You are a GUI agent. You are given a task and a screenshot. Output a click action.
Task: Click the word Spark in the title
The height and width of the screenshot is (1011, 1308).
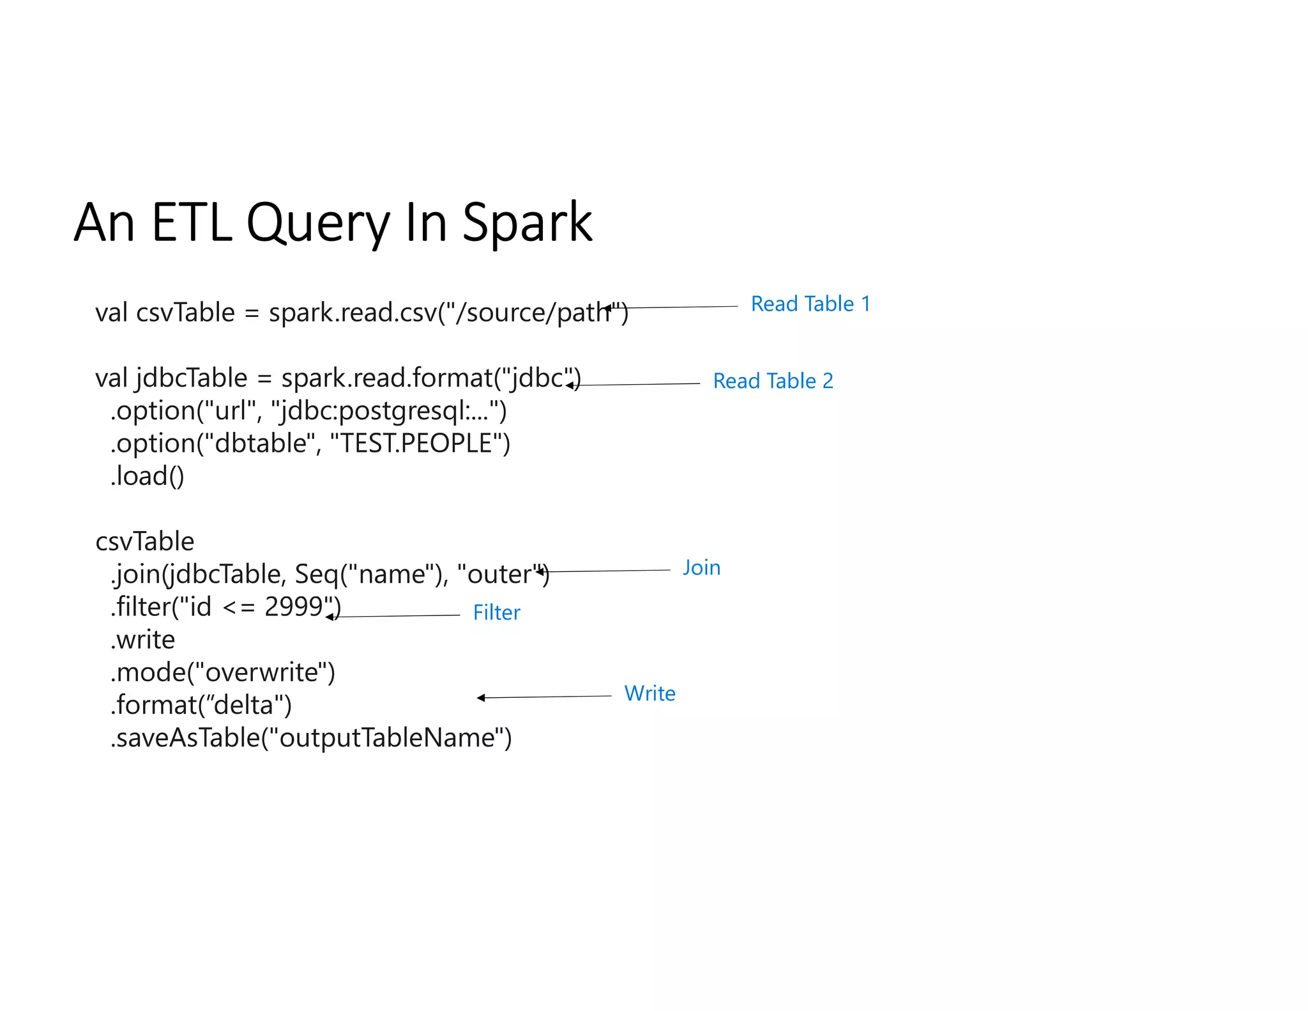527,222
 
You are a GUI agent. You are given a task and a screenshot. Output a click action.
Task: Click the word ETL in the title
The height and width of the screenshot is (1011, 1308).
192,222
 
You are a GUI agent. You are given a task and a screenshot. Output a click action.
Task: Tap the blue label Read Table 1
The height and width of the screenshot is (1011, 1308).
810,304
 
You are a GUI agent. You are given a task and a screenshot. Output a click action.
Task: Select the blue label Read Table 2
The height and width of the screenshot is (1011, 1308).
773,381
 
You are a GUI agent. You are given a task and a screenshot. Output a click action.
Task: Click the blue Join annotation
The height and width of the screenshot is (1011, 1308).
701,567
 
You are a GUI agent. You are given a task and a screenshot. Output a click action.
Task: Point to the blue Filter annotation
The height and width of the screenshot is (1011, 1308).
496,613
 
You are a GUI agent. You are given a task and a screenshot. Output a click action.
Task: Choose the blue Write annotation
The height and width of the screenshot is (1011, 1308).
650,693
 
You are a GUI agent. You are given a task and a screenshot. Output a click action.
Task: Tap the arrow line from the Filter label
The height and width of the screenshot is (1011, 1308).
396,616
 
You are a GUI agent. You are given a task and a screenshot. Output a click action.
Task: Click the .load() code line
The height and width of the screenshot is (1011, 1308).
148,476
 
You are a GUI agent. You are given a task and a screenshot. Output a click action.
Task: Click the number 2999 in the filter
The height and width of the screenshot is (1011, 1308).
294,606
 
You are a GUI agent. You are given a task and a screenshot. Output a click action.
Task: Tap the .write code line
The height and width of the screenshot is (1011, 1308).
143,640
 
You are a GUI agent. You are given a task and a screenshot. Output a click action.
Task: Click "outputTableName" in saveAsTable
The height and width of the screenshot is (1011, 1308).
387,738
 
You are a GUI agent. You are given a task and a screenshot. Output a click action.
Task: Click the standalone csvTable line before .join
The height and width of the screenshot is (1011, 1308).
144,541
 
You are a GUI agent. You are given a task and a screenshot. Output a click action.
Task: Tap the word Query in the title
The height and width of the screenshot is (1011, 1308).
317,222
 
